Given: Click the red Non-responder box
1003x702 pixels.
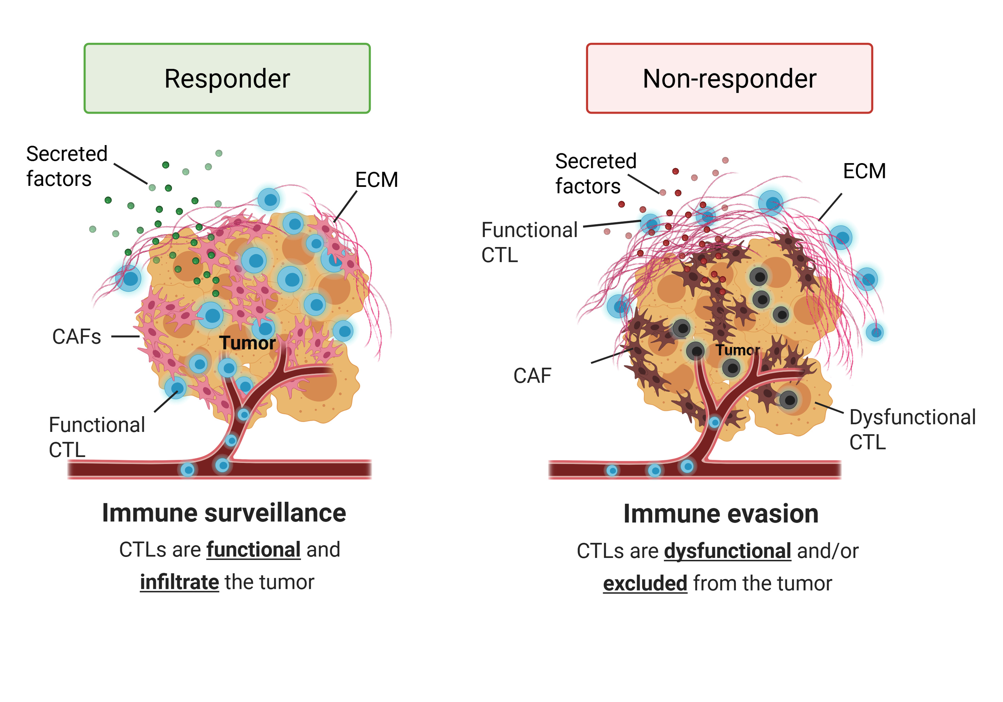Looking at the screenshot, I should click(729, 78).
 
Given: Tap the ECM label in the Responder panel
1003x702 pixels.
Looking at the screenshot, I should click(376, 179).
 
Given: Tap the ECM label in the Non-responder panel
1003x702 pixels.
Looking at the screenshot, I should click(864, 171).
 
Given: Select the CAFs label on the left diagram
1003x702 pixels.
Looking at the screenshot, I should click(76, 337).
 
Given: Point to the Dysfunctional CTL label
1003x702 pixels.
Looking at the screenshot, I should click(912, 429).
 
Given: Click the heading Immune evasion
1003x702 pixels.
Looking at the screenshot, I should click(721, 514).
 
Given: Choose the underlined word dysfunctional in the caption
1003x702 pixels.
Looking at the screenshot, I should click(727, 551).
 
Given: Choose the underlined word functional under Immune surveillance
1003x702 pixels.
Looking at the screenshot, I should click(253, 549).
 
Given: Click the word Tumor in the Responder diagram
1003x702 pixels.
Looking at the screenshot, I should click(247, 343).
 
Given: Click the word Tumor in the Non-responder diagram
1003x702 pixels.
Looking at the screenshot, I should click(737, 350).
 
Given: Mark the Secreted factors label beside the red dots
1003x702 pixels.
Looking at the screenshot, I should click(595, 173).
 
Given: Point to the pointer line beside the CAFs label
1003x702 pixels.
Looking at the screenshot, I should click(125, 336).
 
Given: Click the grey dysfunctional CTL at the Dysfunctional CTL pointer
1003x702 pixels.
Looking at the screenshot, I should click(789, 400).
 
